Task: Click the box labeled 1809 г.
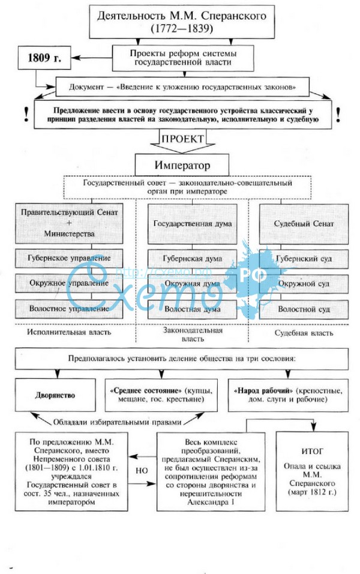44,58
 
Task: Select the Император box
182,165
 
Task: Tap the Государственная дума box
193,224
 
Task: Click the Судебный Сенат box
304,224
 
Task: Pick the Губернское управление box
69,258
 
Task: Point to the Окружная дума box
193,284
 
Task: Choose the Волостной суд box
304,309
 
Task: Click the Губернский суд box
304,259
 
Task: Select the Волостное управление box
69,309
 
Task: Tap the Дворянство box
55,395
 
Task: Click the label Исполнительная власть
69,333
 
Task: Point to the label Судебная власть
304,333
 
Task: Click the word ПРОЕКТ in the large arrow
182,139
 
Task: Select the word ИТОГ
312,452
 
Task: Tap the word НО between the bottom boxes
142,470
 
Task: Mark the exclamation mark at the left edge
26,114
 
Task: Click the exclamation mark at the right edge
338,114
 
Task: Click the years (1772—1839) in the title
182,29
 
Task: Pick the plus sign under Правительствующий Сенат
69,223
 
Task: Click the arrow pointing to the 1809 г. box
91,58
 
